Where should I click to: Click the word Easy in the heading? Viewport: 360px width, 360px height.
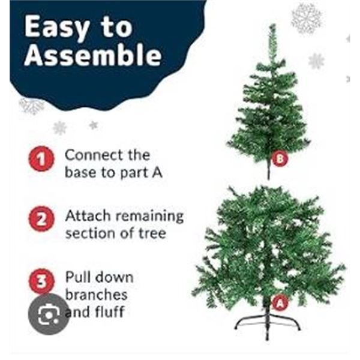point(57,28)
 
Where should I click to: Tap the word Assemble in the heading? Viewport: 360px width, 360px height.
point(93,55)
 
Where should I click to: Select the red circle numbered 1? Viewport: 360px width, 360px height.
point(41,158)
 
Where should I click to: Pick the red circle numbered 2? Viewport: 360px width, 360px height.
point(41,219)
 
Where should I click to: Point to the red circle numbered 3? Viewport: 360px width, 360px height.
point(41,281)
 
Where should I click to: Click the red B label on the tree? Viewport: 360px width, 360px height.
point(280,158)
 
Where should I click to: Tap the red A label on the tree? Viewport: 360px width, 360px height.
point(280,303)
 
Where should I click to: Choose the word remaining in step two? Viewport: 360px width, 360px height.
point(149,217)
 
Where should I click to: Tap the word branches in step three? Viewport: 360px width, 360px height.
point(97,295)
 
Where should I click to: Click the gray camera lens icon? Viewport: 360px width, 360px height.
point(49,314)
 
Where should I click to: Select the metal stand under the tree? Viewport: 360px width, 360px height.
point(268,325)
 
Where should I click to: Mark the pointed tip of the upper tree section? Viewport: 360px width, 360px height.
point(272,25)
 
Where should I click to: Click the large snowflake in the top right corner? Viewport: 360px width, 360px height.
point(307,19)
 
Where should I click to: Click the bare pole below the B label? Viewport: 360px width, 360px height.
point(268,171)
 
